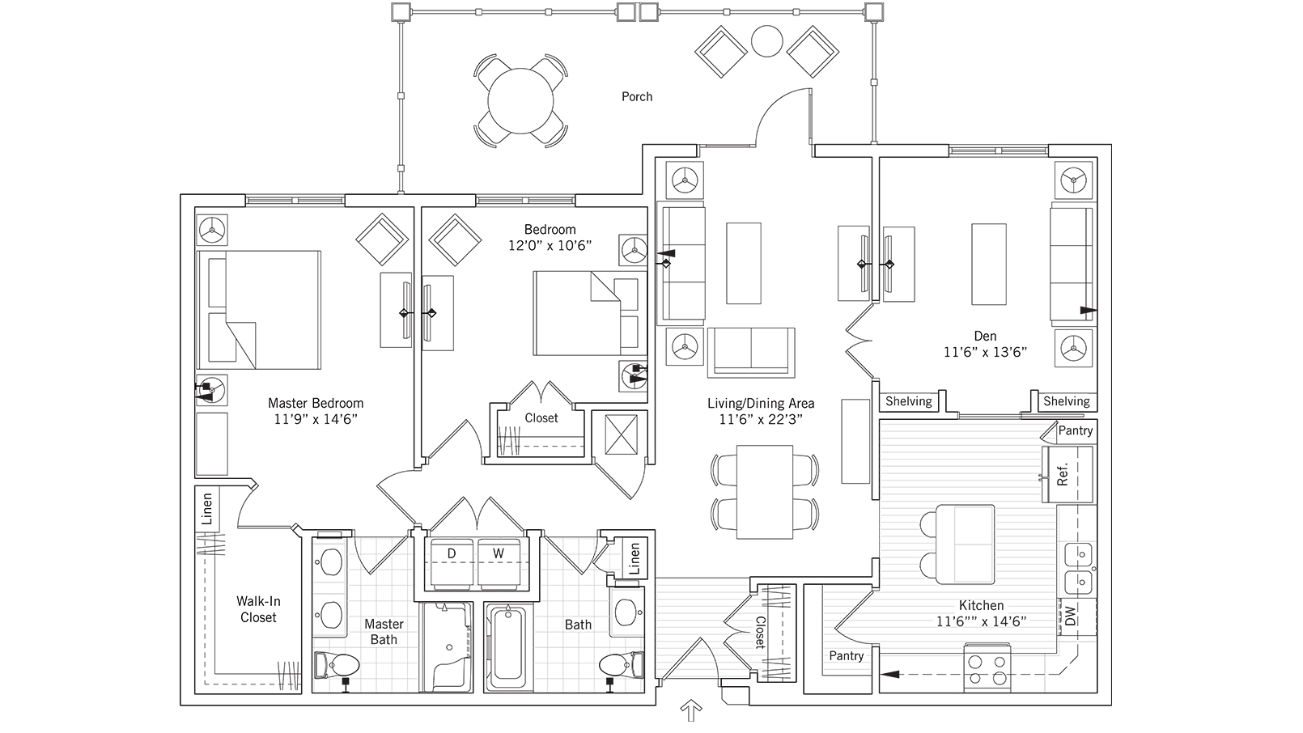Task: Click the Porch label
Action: [637, 96]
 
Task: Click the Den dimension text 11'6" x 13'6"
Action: [985, 352]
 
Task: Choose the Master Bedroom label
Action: [316, 403]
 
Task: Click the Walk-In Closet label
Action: [258, 609]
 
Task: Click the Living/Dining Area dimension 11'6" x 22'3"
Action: [761, 419]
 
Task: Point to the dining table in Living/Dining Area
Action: [765, 491]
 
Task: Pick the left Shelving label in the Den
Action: [908, 401]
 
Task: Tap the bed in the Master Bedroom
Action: [259, 308]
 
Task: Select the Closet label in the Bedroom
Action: [541, 418]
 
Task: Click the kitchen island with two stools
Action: [965, 544]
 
